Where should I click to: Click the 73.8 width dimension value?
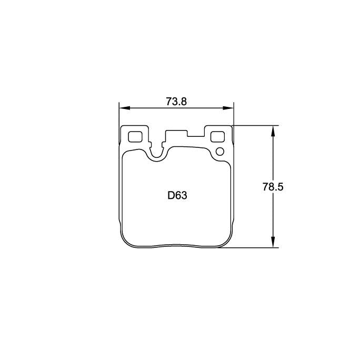[176, 102]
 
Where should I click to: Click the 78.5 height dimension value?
[273, 186]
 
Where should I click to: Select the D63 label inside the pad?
[177, 196]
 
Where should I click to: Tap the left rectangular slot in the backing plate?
[135, 136]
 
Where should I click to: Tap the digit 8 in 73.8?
[184, 102]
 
